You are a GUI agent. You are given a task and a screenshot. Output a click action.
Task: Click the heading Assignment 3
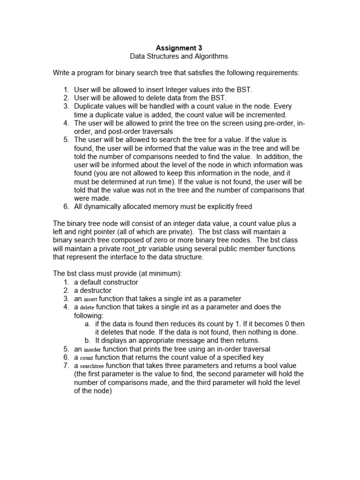pos(179,47)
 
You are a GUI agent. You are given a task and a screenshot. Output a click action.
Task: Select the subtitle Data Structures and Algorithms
pos(179,56)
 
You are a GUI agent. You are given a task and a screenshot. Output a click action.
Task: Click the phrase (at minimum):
pos(138,274)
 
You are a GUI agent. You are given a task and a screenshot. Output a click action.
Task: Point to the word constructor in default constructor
pos(120,282)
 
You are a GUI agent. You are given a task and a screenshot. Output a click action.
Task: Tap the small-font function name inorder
pos(92,350)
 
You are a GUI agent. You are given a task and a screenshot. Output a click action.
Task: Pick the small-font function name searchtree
pos(92,366)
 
